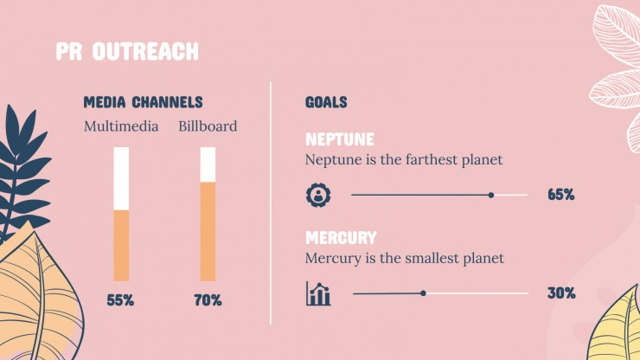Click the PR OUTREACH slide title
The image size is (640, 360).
(x=127, y=51)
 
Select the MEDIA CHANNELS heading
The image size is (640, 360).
(x=144, y=102)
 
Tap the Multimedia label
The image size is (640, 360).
(x=121, y=126)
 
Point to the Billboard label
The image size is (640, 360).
(x=208, y=126)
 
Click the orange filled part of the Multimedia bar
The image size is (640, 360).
(x=121, y=246)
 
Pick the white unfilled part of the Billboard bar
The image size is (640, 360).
(x=208, y=164)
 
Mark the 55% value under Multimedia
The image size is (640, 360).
(x=120, y=301)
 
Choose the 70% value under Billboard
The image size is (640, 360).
(x=208, y=301)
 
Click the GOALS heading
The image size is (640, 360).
(x=326, y=102)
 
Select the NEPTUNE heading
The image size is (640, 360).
(x=340, y=139)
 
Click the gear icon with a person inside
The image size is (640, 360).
(x=318, y=195)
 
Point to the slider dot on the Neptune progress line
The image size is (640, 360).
(x=491, y=196)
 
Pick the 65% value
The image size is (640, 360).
(x=561, y=195)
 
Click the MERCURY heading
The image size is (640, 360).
(x=342, y=238)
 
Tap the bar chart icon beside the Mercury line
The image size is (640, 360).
(x=318, y=293)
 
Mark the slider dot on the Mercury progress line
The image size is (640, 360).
(x=423, y=293)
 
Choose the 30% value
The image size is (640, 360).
(x=561, y=293)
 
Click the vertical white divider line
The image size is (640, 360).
(x=271, y=202)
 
